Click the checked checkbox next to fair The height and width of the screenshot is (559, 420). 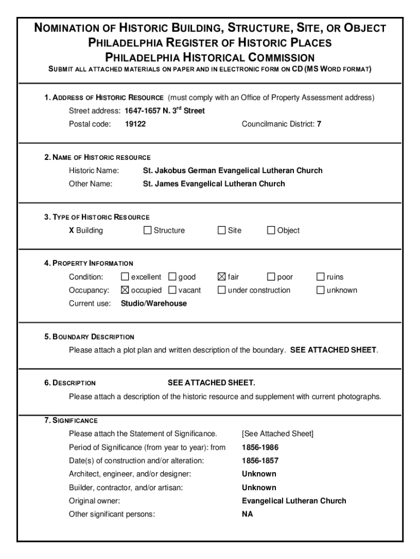pos(221,277)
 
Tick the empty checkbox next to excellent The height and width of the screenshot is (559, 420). pos(125,277)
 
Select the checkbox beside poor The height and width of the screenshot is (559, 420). pos(271,277)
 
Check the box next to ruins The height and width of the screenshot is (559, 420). pos(321,277)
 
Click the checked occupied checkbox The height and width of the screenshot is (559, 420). pos(125,290)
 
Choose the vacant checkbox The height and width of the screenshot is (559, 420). pos(172,290)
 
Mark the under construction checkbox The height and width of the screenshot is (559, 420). pos(221,290)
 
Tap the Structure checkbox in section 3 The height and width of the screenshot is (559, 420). pos(147,230)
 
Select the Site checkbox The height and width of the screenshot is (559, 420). pos(221,230)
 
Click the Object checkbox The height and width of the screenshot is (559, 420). pos(271,230)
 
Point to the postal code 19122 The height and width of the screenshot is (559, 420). pos(135,124)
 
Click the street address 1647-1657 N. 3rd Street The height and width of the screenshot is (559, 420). pos(165,111)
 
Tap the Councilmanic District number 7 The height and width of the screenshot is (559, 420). pos(319,124)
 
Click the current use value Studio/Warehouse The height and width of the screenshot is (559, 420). pos(154,304)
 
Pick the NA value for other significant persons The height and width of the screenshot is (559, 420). pos(248,514)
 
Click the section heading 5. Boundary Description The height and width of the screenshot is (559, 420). pos(89,337)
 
